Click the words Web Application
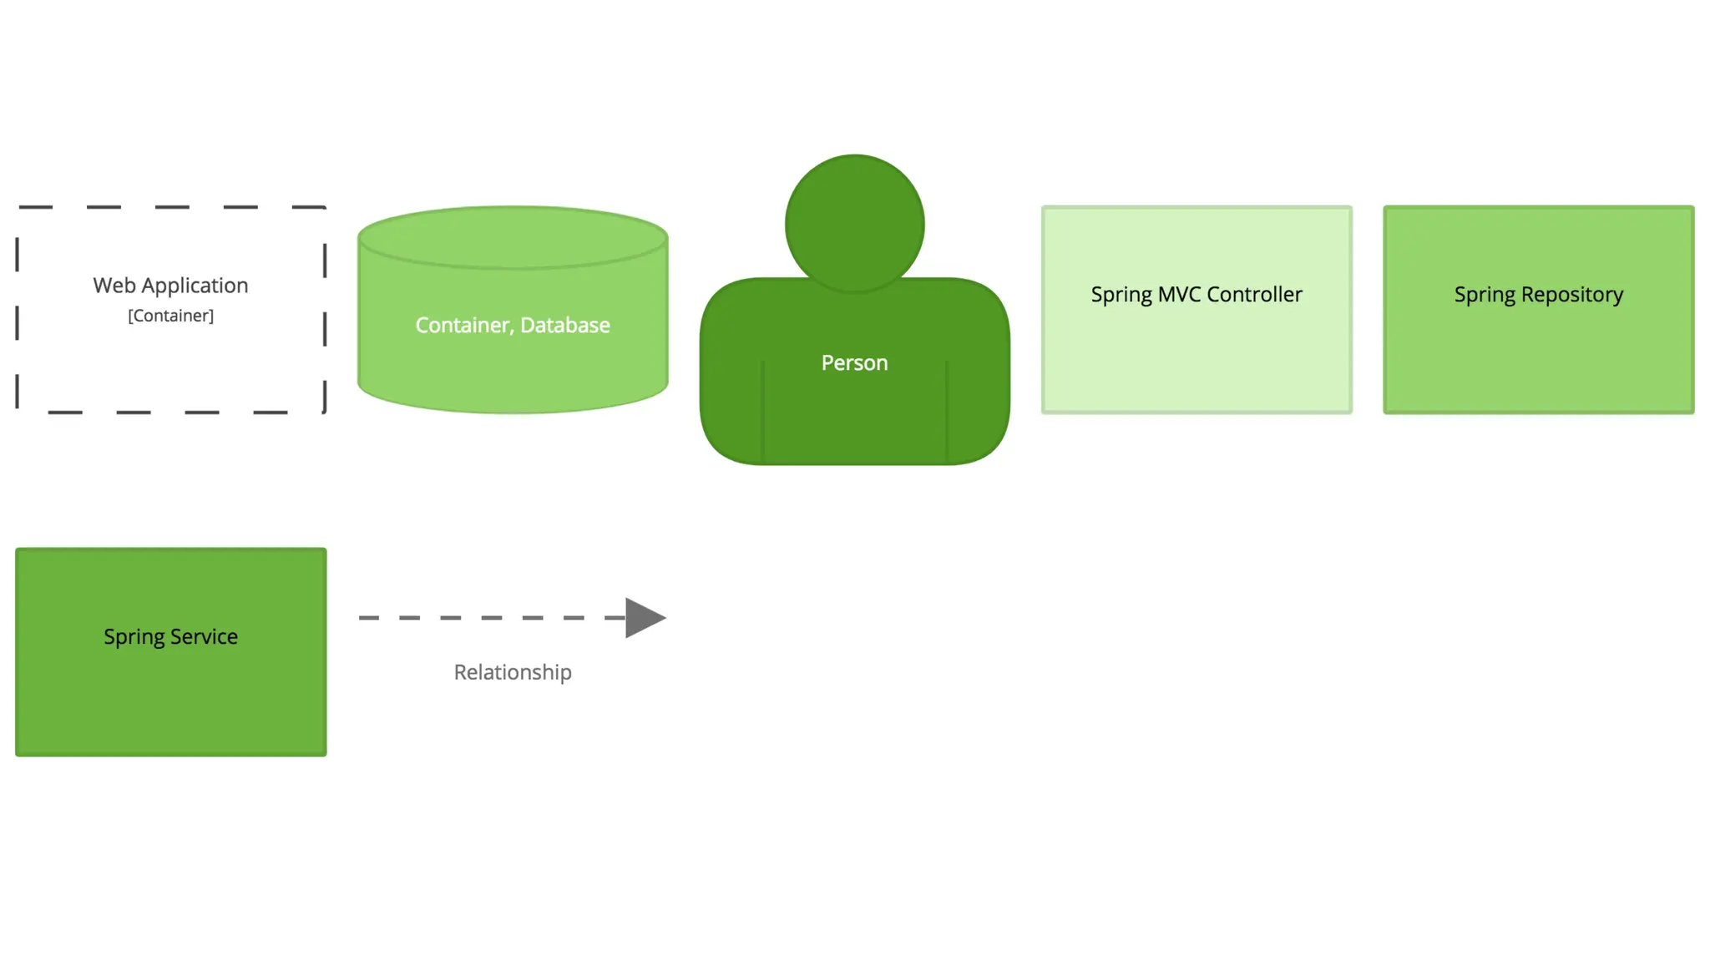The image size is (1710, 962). [x=170, y=286]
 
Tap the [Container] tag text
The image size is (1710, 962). [x=170, y=316]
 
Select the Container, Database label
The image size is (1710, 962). [x=513, y=325]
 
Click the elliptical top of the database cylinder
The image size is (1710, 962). [x=513, y=238]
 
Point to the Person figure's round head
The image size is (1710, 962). [x=854, y=223]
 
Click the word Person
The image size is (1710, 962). [x=854, y=362]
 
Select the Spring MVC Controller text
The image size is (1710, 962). [x=1196, y=295]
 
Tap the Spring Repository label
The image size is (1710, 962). [x=1538, y=295]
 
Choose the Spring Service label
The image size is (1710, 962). [x=170, y=637]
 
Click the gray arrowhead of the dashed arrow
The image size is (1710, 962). [x=644, y=618]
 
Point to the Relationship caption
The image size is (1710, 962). [x=513, y=672]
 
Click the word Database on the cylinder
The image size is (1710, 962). [x=565, y=325]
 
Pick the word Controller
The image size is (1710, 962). [x=1254, y=295]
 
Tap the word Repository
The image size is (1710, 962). [x=1572, y=295]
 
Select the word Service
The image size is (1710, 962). [x=204, y=637]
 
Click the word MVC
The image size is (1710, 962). [x=1179, y=295]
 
